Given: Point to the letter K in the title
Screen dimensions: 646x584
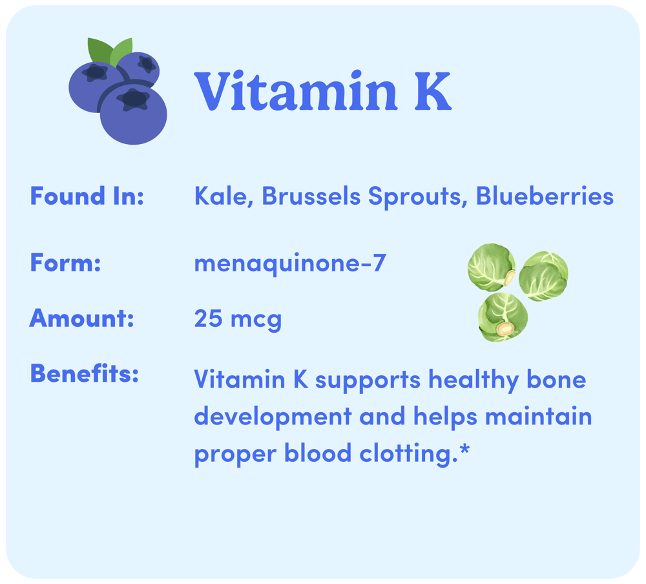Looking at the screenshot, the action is [433, 92].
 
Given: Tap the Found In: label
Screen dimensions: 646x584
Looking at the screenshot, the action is [87, 196].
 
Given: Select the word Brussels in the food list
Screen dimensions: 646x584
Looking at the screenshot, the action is [311, 196].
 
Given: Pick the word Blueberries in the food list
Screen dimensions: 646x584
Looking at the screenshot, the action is [545, 196].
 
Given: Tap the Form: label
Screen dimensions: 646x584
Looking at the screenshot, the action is [65, 262].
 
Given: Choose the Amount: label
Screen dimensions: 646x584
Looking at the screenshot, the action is [81, 318].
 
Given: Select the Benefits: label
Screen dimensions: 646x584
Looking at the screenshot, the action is [84, 373].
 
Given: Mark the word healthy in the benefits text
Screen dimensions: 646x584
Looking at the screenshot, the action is [474, 381].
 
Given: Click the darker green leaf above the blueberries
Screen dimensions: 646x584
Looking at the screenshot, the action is [99, 51].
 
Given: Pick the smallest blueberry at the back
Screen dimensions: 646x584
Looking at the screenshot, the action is [139, 68].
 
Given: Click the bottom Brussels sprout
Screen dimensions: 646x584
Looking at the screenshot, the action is [503, 317].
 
